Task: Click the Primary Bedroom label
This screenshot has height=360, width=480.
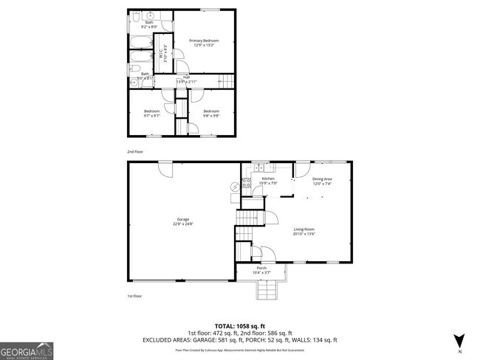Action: point(205,43)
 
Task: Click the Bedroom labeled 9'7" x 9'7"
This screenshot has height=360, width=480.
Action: point(152,113)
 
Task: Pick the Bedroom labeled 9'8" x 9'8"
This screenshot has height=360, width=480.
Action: point(212,113)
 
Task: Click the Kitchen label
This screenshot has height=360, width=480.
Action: point(268,181)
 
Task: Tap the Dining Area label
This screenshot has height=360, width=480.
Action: point(322,181)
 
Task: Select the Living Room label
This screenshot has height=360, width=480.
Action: point(304,232)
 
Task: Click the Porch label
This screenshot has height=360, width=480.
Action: point(261,270)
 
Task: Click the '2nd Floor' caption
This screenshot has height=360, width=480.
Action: point(135,151)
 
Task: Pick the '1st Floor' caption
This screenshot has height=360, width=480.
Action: point(134,296)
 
